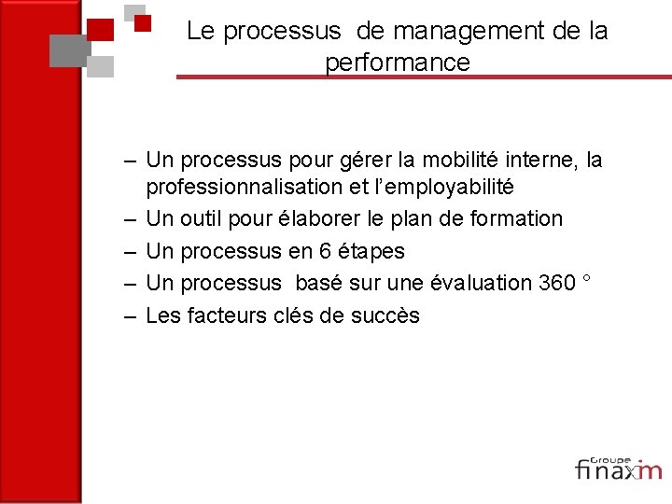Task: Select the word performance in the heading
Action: (x=398, y=63)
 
